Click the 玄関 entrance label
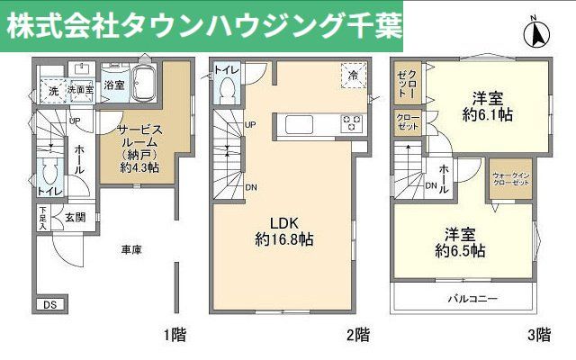click(74, 217)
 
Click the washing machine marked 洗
click(51, 91)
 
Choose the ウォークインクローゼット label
click(510, 176)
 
